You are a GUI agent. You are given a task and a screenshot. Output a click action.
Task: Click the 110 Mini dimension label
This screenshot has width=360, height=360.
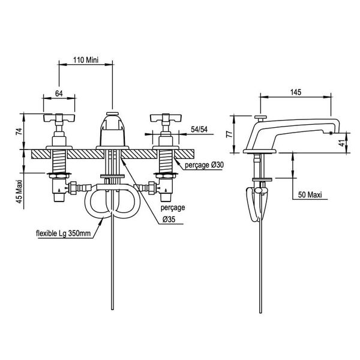[85, 60]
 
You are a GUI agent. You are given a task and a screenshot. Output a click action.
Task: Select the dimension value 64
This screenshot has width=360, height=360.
[59, 93]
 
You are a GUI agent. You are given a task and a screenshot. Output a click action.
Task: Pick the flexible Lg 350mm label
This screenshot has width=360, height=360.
[62, 233]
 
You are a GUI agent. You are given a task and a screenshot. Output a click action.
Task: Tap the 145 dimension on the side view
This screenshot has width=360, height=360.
[295, 91]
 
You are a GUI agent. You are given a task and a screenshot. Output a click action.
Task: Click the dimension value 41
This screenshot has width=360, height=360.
[342, 143]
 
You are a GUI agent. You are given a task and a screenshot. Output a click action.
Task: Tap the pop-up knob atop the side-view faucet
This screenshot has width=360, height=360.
[260, 117]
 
